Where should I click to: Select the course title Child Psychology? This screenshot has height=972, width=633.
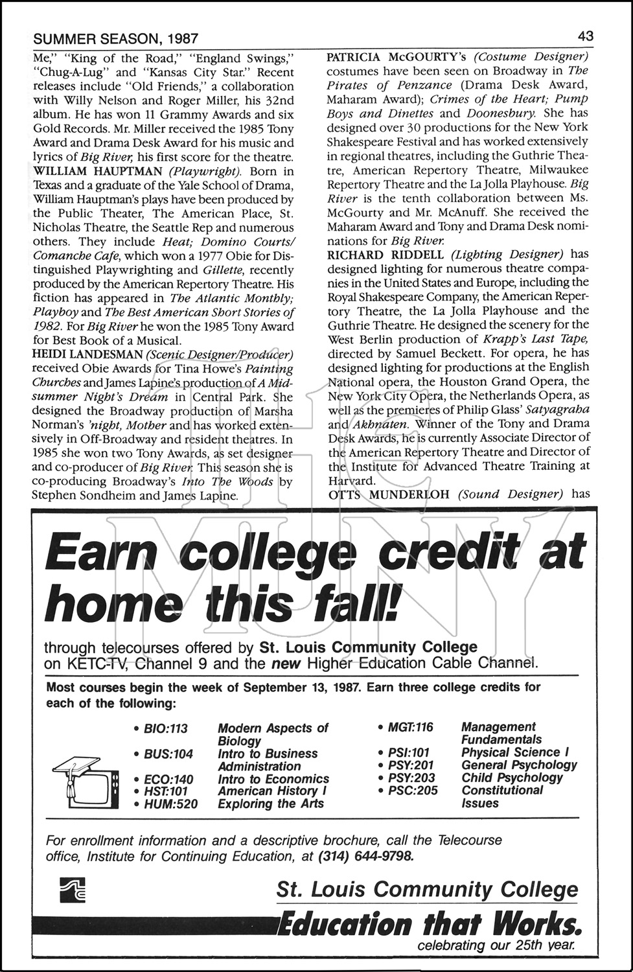pyautogui.click(x=512, y=778)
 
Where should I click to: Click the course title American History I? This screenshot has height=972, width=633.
pyautogui.click(x=268, y=791)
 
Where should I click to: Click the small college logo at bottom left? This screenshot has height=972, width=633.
pyautogui.click(x=71, y=889)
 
